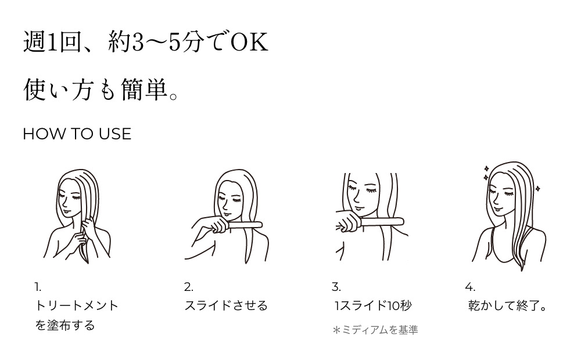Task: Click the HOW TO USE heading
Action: [77, 134]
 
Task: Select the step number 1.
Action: [38, 287]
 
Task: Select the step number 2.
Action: [188, 287]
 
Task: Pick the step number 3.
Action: [336, 287]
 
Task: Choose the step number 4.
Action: [470, 287]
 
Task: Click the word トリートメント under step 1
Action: [77, 305]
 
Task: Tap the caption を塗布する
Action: [65, 325]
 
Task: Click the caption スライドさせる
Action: [226, 305]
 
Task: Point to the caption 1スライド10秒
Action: [373, 305]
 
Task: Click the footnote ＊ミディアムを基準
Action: [375, 330]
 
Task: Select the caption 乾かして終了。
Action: [508, 305]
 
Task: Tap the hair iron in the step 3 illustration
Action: [381, 221]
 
